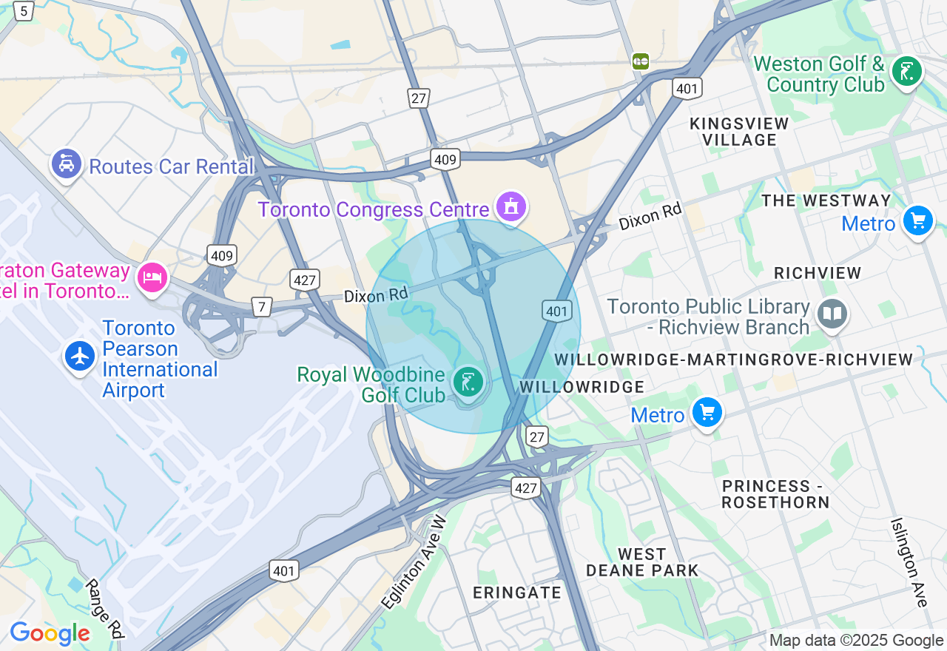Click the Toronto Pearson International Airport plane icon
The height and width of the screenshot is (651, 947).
click(x=80, y=356)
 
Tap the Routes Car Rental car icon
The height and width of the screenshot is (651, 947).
click(x=67, y=163)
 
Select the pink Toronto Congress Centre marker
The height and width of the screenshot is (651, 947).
click(x=511, y=206)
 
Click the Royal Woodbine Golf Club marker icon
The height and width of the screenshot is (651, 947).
click(x=468, y=382)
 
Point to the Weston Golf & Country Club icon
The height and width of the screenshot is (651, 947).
click(x=906, y=72)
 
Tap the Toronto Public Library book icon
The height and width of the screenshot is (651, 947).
click(x=832, y=314)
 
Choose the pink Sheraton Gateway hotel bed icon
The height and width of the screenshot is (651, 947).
click(x=152, y=278)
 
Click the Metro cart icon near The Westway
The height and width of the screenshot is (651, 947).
click(x=918, y=221)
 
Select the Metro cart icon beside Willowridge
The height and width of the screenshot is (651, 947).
click(x=707, y=412)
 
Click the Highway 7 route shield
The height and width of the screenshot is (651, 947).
click(x=261, y=306)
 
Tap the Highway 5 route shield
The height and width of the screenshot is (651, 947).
click(x=24, y=11)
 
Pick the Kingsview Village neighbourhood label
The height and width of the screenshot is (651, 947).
click(x=739, y=132)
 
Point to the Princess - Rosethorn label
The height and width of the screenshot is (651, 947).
click(x=775, y=494)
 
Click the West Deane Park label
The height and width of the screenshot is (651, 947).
click(x=642, y=562)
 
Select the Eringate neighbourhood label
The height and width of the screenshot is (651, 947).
click(x=517, y=593)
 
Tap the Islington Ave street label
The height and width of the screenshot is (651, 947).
click(x=909, y=562)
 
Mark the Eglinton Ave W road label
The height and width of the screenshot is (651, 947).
click(x=415, y=561)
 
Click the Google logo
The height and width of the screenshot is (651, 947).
click(x=50, y=633)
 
